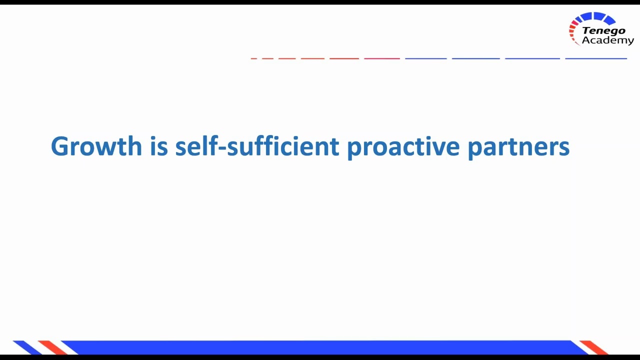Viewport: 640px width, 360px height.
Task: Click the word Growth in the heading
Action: click(x=96, y=146)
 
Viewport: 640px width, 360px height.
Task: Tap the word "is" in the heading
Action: click(x=158, y=146)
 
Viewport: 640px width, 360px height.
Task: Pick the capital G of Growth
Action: click(x=61, y=146)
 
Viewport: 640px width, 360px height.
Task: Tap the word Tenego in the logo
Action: click(x=603, y=31)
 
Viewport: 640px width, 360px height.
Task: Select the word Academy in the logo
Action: click(x=607, y=40)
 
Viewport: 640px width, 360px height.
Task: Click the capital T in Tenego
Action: click(x=586, y=31)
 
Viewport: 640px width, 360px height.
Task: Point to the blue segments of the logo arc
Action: click(x=597, y=18)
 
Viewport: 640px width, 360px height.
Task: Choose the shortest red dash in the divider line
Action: click(x=253, y=58)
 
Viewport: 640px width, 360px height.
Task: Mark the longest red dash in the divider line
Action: click(x=381, y=58)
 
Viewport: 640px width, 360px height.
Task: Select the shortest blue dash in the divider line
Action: click(x=425, y=58)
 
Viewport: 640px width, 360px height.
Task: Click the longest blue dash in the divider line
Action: click(x=595, y=58)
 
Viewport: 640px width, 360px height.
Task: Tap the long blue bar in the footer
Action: click(x=320, y=347)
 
